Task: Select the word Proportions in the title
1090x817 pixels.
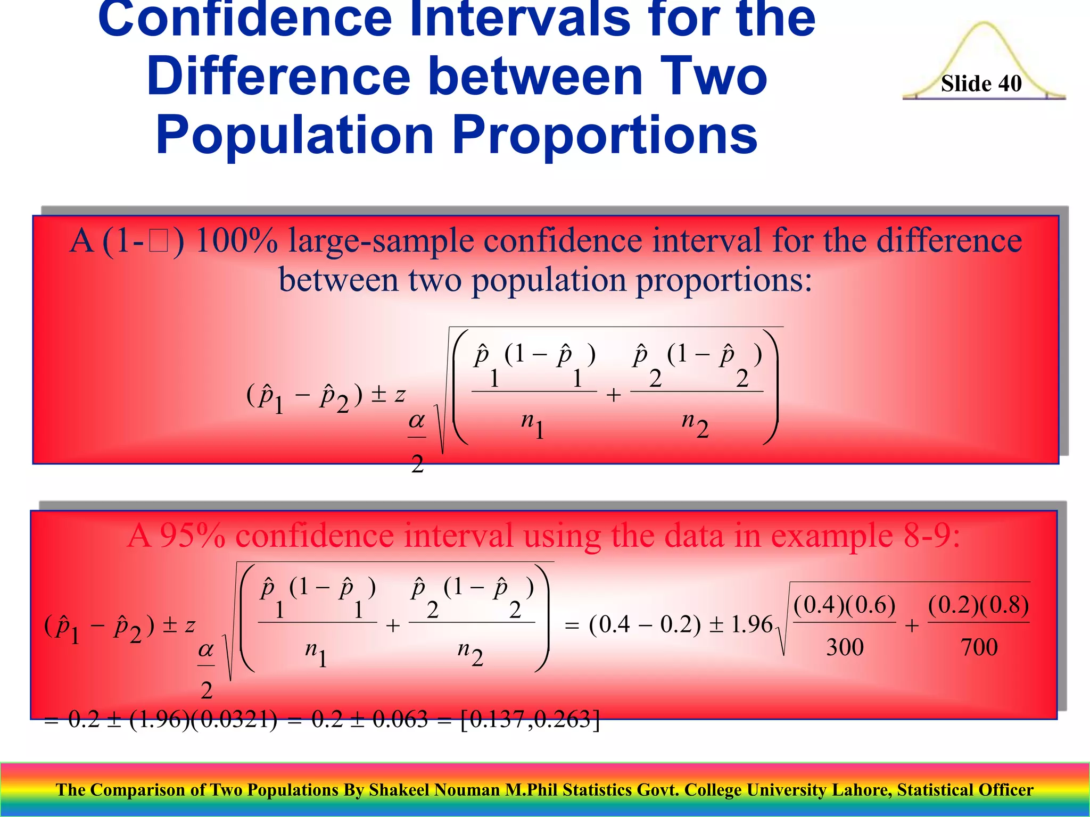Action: coord(605,136)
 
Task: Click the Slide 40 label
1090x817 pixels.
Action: coord(981,84)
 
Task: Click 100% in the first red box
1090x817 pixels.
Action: coord(237,241)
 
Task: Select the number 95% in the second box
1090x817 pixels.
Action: coord(193,536)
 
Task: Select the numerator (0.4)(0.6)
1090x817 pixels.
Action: coord(845,605)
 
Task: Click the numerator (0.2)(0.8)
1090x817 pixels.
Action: coord(979,605)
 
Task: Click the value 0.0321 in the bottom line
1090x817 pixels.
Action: coord(234,720)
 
